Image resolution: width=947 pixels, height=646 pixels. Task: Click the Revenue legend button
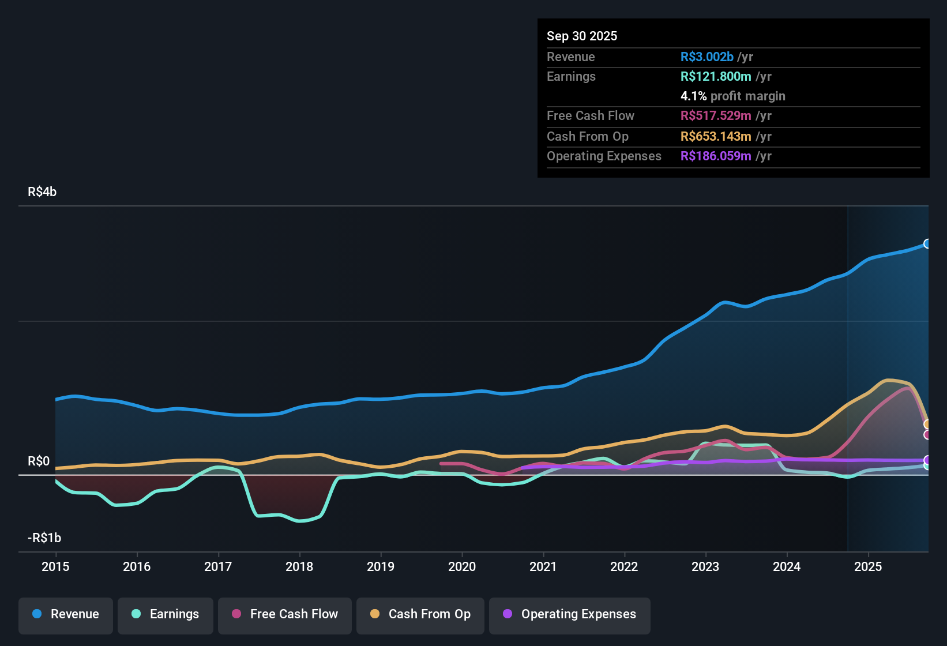(66, 614)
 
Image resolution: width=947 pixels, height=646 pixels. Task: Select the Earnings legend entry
(166, 614)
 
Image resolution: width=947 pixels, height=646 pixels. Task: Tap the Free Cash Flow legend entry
(285, 614)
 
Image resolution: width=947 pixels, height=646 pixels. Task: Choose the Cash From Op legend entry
(420, 614)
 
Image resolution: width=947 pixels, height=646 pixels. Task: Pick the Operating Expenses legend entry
(570, 614)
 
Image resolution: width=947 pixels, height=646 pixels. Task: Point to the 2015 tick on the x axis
(55, 566)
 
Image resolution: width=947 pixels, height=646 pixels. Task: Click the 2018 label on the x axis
(299, 566)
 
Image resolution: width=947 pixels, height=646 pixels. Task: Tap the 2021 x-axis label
(543, 566)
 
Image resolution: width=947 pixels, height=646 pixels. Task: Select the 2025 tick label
(868, 566)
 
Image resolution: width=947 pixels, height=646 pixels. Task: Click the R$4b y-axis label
(42, 192)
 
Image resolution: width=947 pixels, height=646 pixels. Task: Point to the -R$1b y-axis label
(44, 538)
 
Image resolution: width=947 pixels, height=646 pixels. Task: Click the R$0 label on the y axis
(39, 461)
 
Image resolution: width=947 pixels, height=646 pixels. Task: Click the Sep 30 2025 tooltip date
(582, 36)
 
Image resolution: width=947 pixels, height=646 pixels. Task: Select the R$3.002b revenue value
(707, 57)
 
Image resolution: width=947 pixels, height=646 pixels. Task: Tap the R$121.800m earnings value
(716, 77)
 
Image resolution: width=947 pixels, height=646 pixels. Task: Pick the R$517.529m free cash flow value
(716, 116)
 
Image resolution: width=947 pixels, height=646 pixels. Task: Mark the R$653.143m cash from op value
(716, 137)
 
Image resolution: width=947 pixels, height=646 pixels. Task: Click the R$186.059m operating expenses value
(716, 156)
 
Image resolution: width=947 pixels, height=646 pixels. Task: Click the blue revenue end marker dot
(927, 244)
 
